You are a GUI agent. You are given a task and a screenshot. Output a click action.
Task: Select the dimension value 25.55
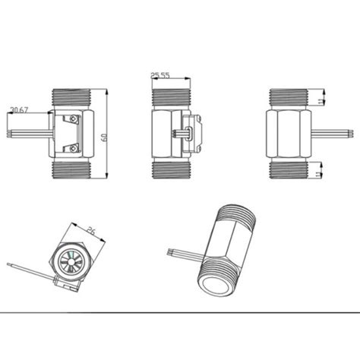tap(159, 75)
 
